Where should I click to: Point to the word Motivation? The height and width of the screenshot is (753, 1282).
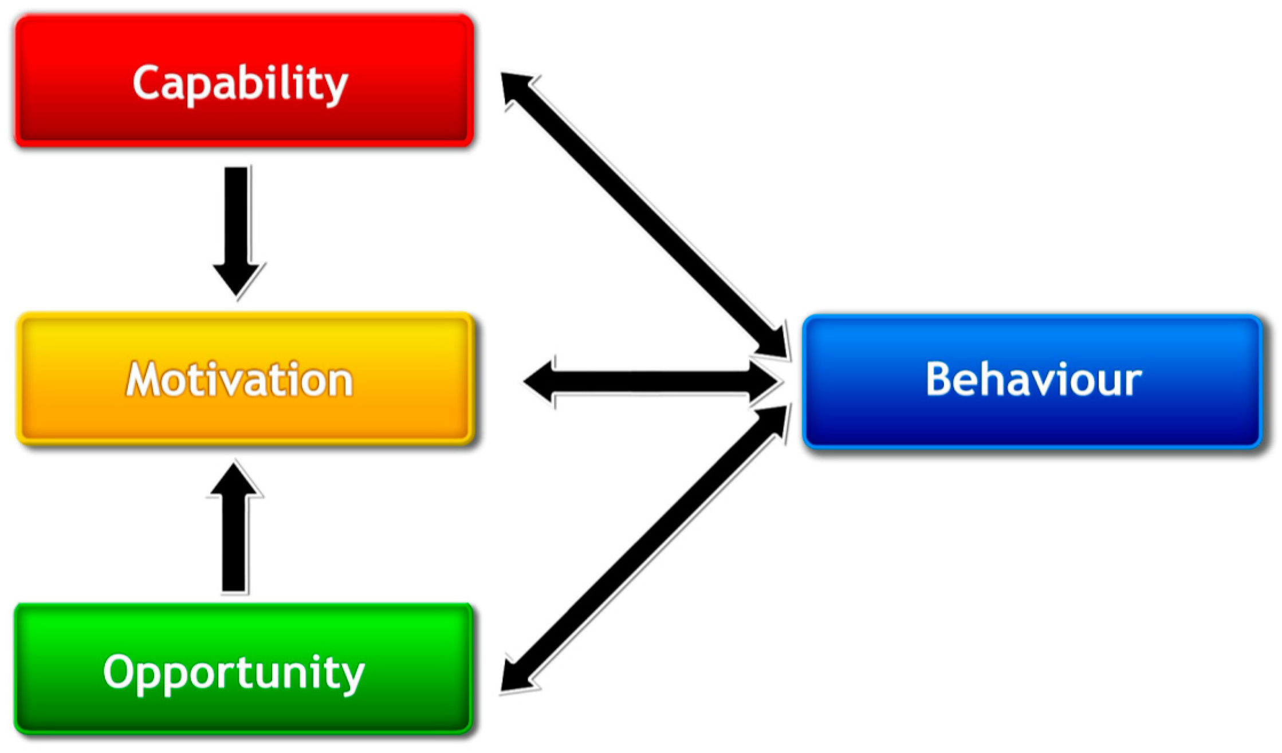coord(239,380)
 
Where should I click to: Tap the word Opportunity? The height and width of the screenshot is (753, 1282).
coord(234,673)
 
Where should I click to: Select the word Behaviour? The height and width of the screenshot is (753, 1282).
coord(1033,380)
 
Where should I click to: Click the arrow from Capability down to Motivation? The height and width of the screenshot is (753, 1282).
coord(237,218)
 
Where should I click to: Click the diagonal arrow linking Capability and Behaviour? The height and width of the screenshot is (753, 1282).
coord(644,215)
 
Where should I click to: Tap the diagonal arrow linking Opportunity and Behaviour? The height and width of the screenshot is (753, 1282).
coord(644,550)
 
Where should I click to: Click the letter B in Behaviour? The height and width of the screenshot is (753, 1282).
coord(939,379)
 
